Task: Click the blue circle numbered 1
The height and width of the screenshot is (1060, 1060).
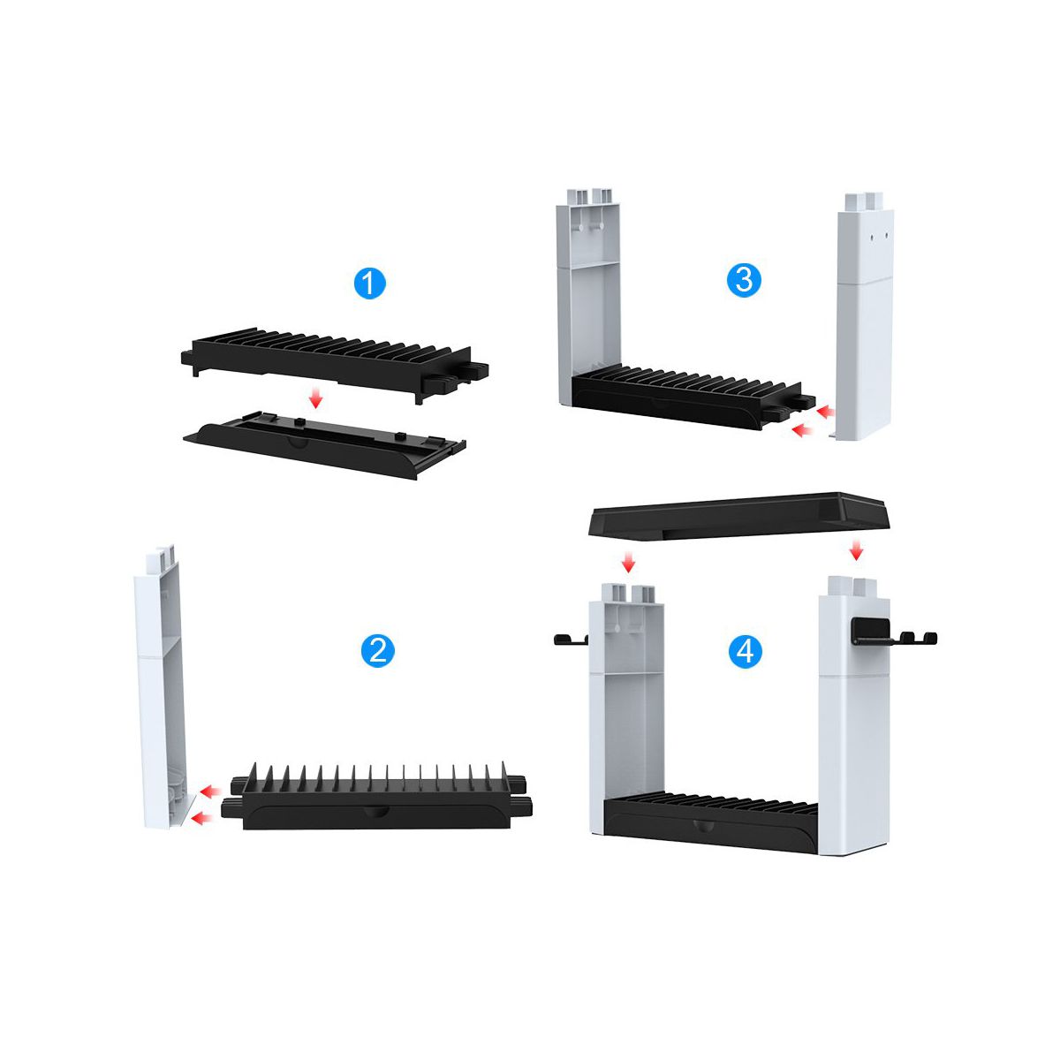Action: pos(369,284)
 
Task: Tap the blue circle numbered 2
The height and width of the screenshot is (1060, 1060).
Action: pos(377,651)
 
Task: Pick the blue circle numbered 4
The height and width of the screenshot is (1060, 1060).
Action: pos(746,653)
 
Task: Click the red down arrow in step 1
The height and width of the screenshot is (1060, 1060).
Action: pos(314,398)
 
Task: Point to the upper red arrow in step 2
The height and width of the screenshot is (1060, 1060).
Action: pos(209,791)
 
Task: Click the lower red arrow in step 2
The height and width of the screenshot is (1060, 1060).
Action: pos(201,819)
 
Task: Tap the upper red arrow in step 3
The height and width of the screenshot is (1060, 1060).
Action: pos(826,412)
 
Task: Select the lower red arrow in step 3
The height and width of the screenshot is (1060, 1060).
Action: pos(802,430)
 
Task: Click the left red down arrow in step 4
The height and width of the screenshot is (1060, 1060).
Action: pos(628,562)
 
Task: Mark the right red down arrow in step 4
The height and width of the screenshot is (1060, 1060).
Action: pos(855,549)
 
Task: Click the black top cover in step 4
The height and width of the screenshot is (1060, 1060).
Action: pos(738,515)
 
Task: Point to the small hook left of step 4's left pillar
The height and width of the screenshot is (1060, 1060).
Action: pos(571,640)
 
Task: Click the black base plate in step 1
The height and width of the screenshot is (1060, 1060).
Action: pos(324,443)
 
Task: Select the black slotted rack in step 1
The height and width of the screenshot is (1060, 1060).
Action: pos(335,364)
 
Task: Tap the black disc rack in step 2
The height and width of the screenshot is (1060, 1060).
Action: pos(377,797)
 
